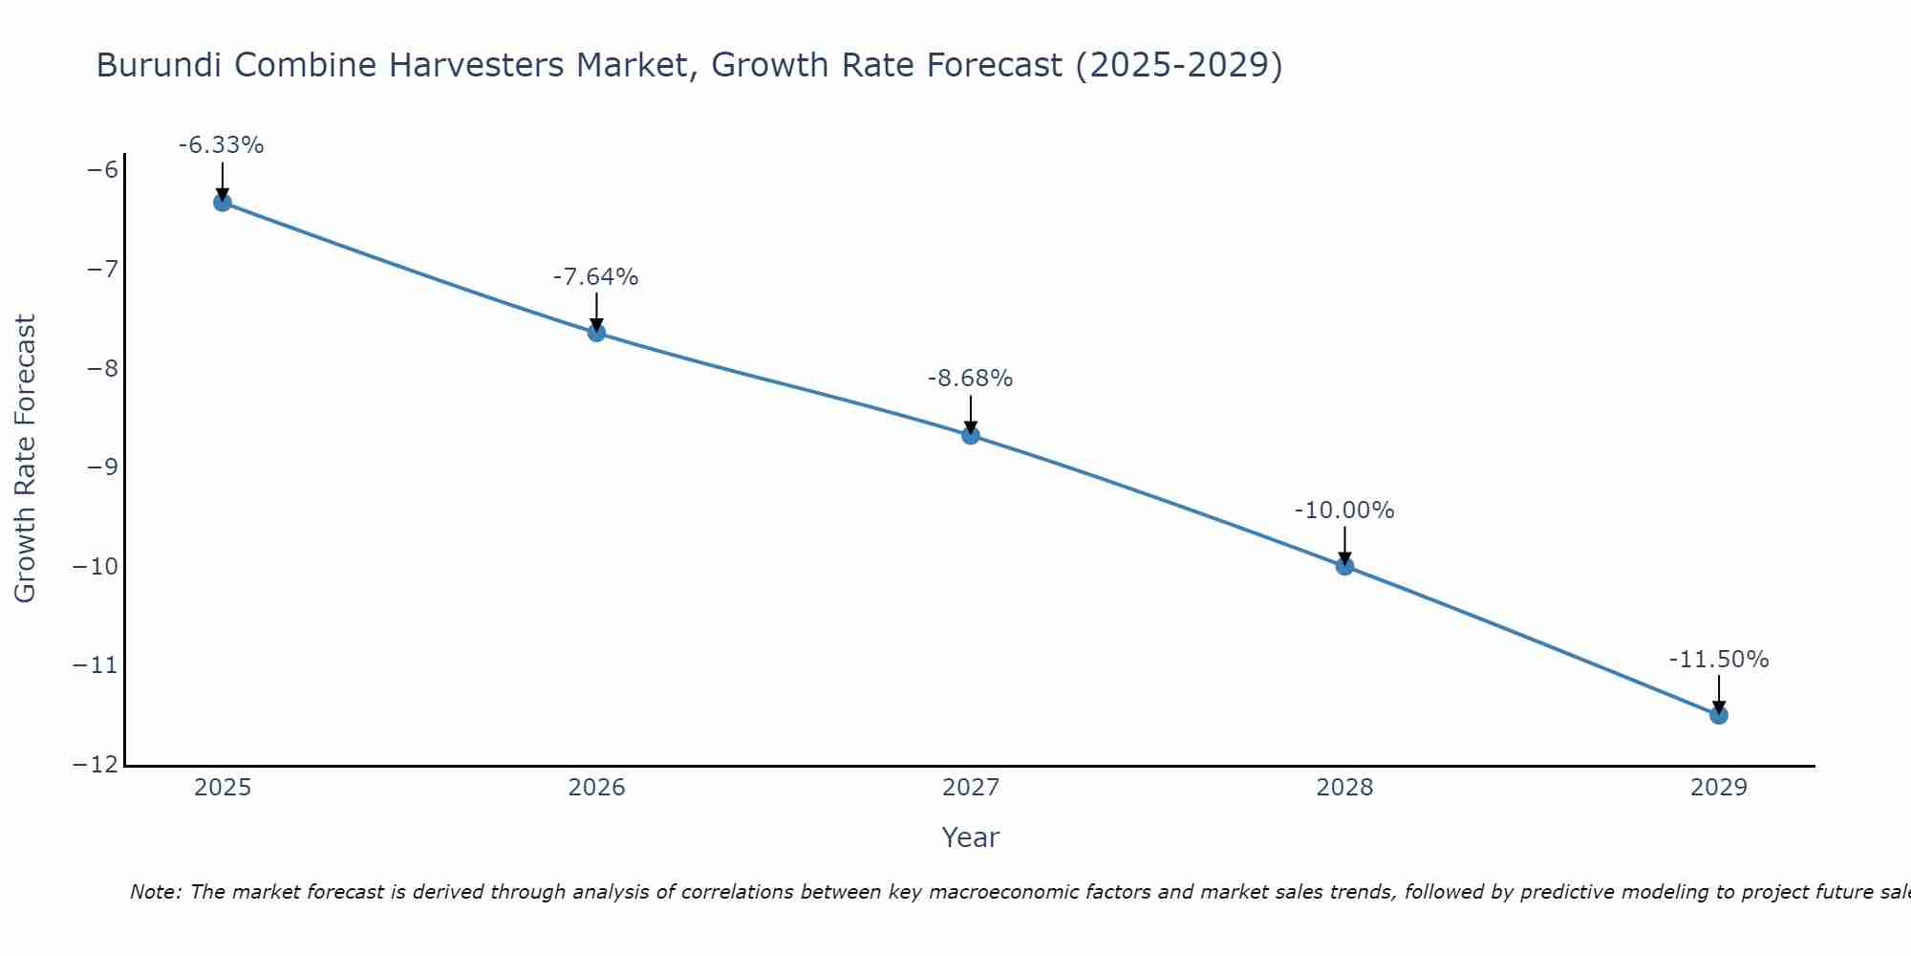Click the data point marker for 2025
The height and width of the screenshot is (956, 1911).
(x=223, y=202)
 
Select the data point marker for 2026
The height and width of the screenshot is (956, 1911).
(x=596, y=333)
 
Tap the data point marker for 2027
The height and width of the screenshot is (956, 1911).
(x=971, y=436)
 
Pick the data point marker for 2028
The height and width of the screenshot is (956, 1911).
(x=1344, y=566)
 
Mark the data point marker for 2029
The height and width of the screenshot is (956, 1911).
(x=1719, y=715)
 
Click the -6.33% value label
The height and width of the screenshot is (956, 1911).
(x=221, y=145)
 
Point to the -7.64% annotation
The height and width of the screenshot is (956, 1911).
(x=595, y=277)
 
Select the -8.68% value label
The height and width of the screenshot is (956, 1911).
(x=970, y=379)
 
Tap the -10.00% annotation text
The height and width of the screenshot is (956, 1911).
(x=1344, y=511)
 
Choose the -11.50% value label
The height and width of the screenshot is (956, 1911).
(x=1719, y=660)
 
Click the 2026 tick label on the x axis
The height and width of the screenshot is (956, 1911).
(x=596, y=788)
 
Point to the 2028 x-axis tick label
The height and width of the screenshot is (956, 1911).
(x=1344, y=788)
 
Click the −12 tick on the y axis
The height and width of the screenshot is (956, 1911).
(x=97, y=765)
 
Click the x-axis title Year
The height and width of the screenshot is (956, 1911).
(x=971, y=837)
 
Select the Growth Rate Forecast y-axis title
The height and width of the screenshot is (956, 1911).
(x=25, y=459)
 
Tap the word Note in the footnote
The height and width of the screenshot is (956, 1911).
(x=154, y=892)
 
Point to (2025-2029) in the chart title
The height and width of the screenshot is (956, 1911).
(x=1179, y=65)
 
